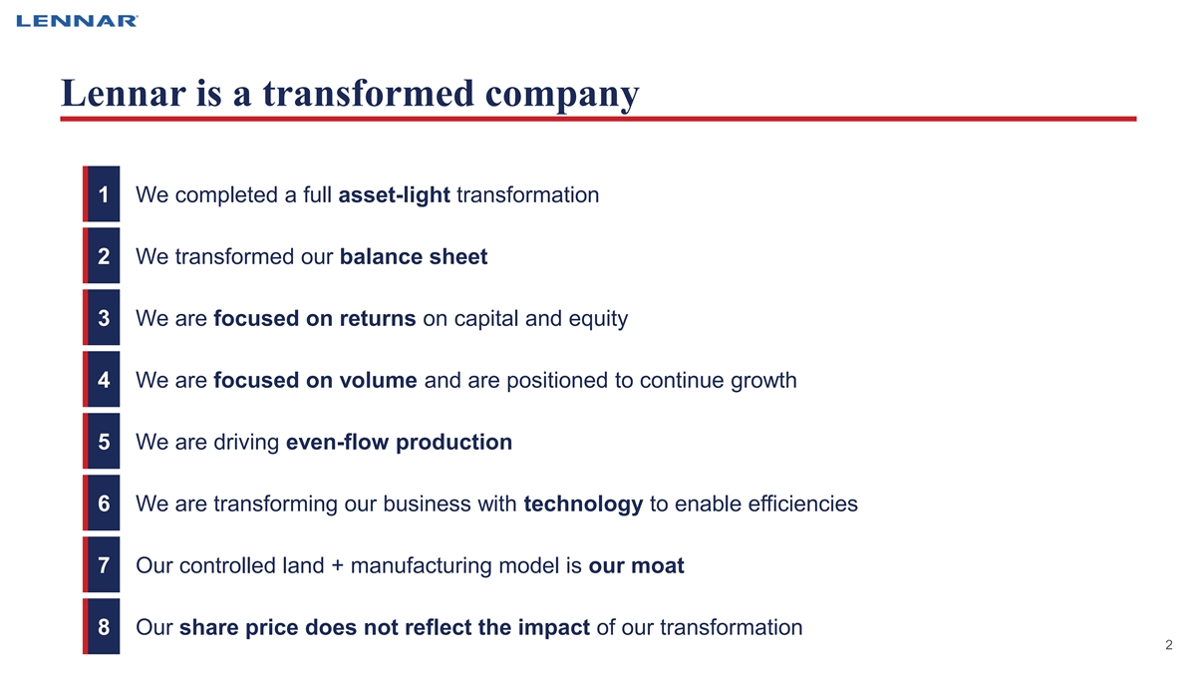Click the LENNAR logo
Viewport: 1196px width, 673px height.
pos(77,21)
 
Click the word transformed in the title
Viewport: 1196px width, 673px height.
pos(369,93)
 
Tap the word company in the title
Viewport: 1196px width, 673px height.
pos(562,96)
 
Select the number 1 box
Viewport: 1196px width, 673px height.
pos(102,193)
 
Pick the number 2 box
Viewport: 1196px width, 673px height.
pos(102,256)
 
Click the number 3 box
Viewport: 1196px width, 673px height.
pos(102,318)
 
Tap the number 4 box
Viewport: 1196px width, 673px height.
pos(102,379)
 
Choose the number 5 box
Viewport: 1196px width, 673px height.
pos(102,441)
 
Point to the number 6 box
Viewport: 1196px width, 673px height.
pos(102,504)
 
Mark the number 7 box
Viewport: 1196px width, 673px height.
pos(102,564)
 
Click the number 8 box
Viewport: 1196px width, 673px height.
pos(102,626)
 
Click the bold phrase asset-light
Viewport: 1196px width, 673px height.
pos(395,195)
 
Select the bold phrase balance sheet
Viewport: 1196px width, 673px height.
pos(414,257)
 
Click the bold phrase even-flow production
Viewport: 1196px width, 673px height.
pos(400,443)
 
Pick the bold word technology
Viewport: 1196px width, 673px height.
pos(583,505)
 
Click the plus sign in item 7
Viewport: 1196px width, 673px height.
pos(338,566)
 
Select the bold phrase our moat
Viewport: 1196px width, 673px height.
pos(637,566)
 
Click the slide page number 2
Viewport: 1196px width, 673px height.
pos(1169,645)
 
